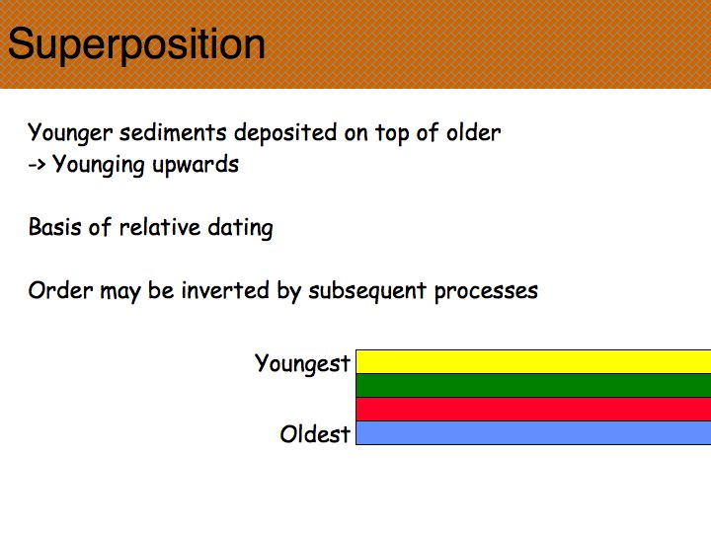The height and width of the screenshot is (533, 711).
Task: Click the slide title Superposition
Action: click(136, 44)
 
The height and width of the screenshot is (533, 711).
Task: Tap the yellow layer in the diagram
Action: click(533, 361)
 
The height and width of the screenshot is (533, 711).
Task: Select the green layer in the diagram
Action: click(533, 386)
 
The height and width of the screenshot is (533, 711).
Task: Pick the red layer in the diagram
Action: click(533, 410)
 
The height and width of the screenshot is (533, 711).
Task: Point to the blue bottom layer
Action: click(533, 433)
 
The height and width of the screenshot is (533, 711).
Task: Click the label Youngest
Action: click(302, 364)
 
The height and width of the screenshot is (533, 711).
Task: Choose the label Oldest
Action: click(315, 433)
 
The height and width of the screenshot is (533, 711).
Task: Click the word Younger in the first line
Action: click(70, 133)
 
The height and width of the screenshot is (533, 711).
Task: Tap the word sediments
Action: click(173, 133)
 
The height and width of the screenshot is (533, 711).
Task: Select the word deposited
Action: click(285, 133)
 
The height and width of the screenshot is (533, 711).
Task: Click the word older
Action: click(473, 133)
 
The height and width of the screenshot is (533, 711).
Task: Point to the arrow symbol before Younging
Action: click(37, 165)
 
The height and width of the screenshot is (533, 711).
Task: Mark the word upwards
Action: click(196, 166)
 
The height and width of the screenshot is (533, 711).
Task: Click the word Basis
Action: click(55, 227)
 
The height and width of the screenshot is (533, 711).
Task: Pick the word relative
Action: click(160, 227)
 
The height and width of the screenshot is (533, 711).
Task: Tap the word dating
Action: click(240, 228)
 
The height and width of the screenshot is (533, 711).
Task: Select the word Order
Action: click(61, 290)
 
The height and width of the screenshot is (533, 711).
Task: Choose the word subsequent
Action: click(367, 292)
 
